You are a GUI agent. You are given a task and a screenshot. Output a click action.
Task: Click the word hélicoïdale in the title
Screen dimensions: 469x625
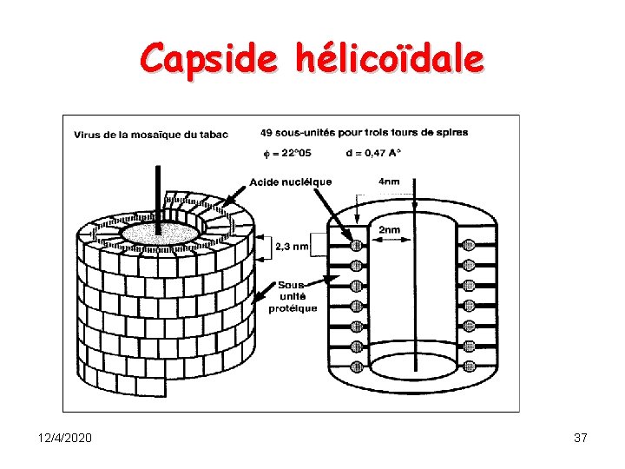[389, 59]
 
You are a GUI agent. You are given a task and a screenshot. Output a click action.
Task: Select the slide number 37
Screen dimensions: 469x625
[581, 438]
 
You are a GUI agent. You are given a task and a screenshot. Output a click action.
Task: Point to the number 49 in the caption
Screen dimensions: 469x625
[267, 133]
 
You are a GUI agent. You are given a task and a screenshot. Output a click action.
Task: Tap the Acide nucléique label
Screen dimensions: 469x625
[290, 182]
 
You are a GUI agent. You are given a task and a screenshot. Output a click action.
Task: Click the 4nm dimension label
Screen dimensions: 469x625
[388, 182]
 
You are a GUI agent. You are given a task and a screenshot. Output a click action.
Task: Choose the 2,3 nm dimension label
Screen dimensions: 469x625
[291, 247]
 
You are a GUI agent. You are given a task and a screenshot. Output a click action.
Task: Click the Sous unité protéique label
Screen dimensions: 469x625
[298, 296]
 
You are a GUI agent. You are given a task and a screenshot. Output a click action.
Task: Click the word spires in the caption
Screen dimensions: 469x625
[452, 133]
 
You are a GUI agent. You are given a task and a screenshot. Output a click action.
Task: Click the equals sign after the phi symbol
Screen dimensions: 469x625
[276, 154]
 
